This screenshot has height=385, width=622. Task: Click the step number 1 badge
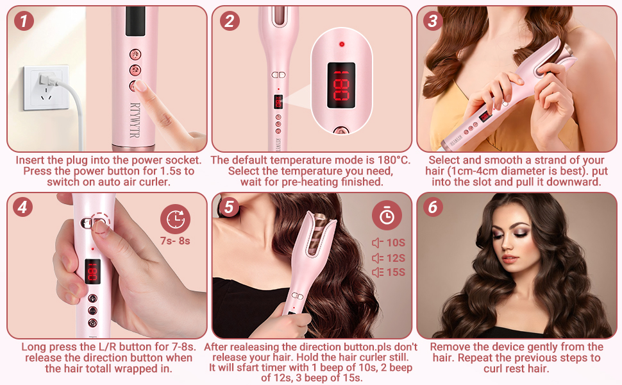pyautogui.click(x=24, y=21)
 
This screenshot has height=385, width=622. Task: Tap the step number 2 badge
pyautogui.click(x=229, y=21)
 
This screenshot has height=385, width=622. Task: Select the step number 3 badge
pyautogui.click(x=433, y=21)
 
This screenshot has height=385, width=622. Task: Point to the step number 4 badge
pyautogui.click(x=24, y=207)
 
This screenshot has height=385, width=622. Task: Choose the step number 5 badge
pyautogui.click(x=229, y=207)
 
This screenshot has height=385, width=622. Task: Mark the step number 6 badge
pyautogui.click(x=433, y=207)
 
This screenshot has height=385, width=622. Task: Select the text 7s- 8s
pyautogui.click(x=175, y=242)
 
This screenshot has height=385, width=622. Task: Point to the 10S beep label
pyautogui.click(x=389, y=243)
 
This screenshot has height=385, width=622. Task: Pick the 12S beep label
pyautogui.click(x=389, y=258)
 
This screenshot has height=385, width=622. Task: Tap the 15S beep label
pyautogui.click(x=389, y=273)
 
